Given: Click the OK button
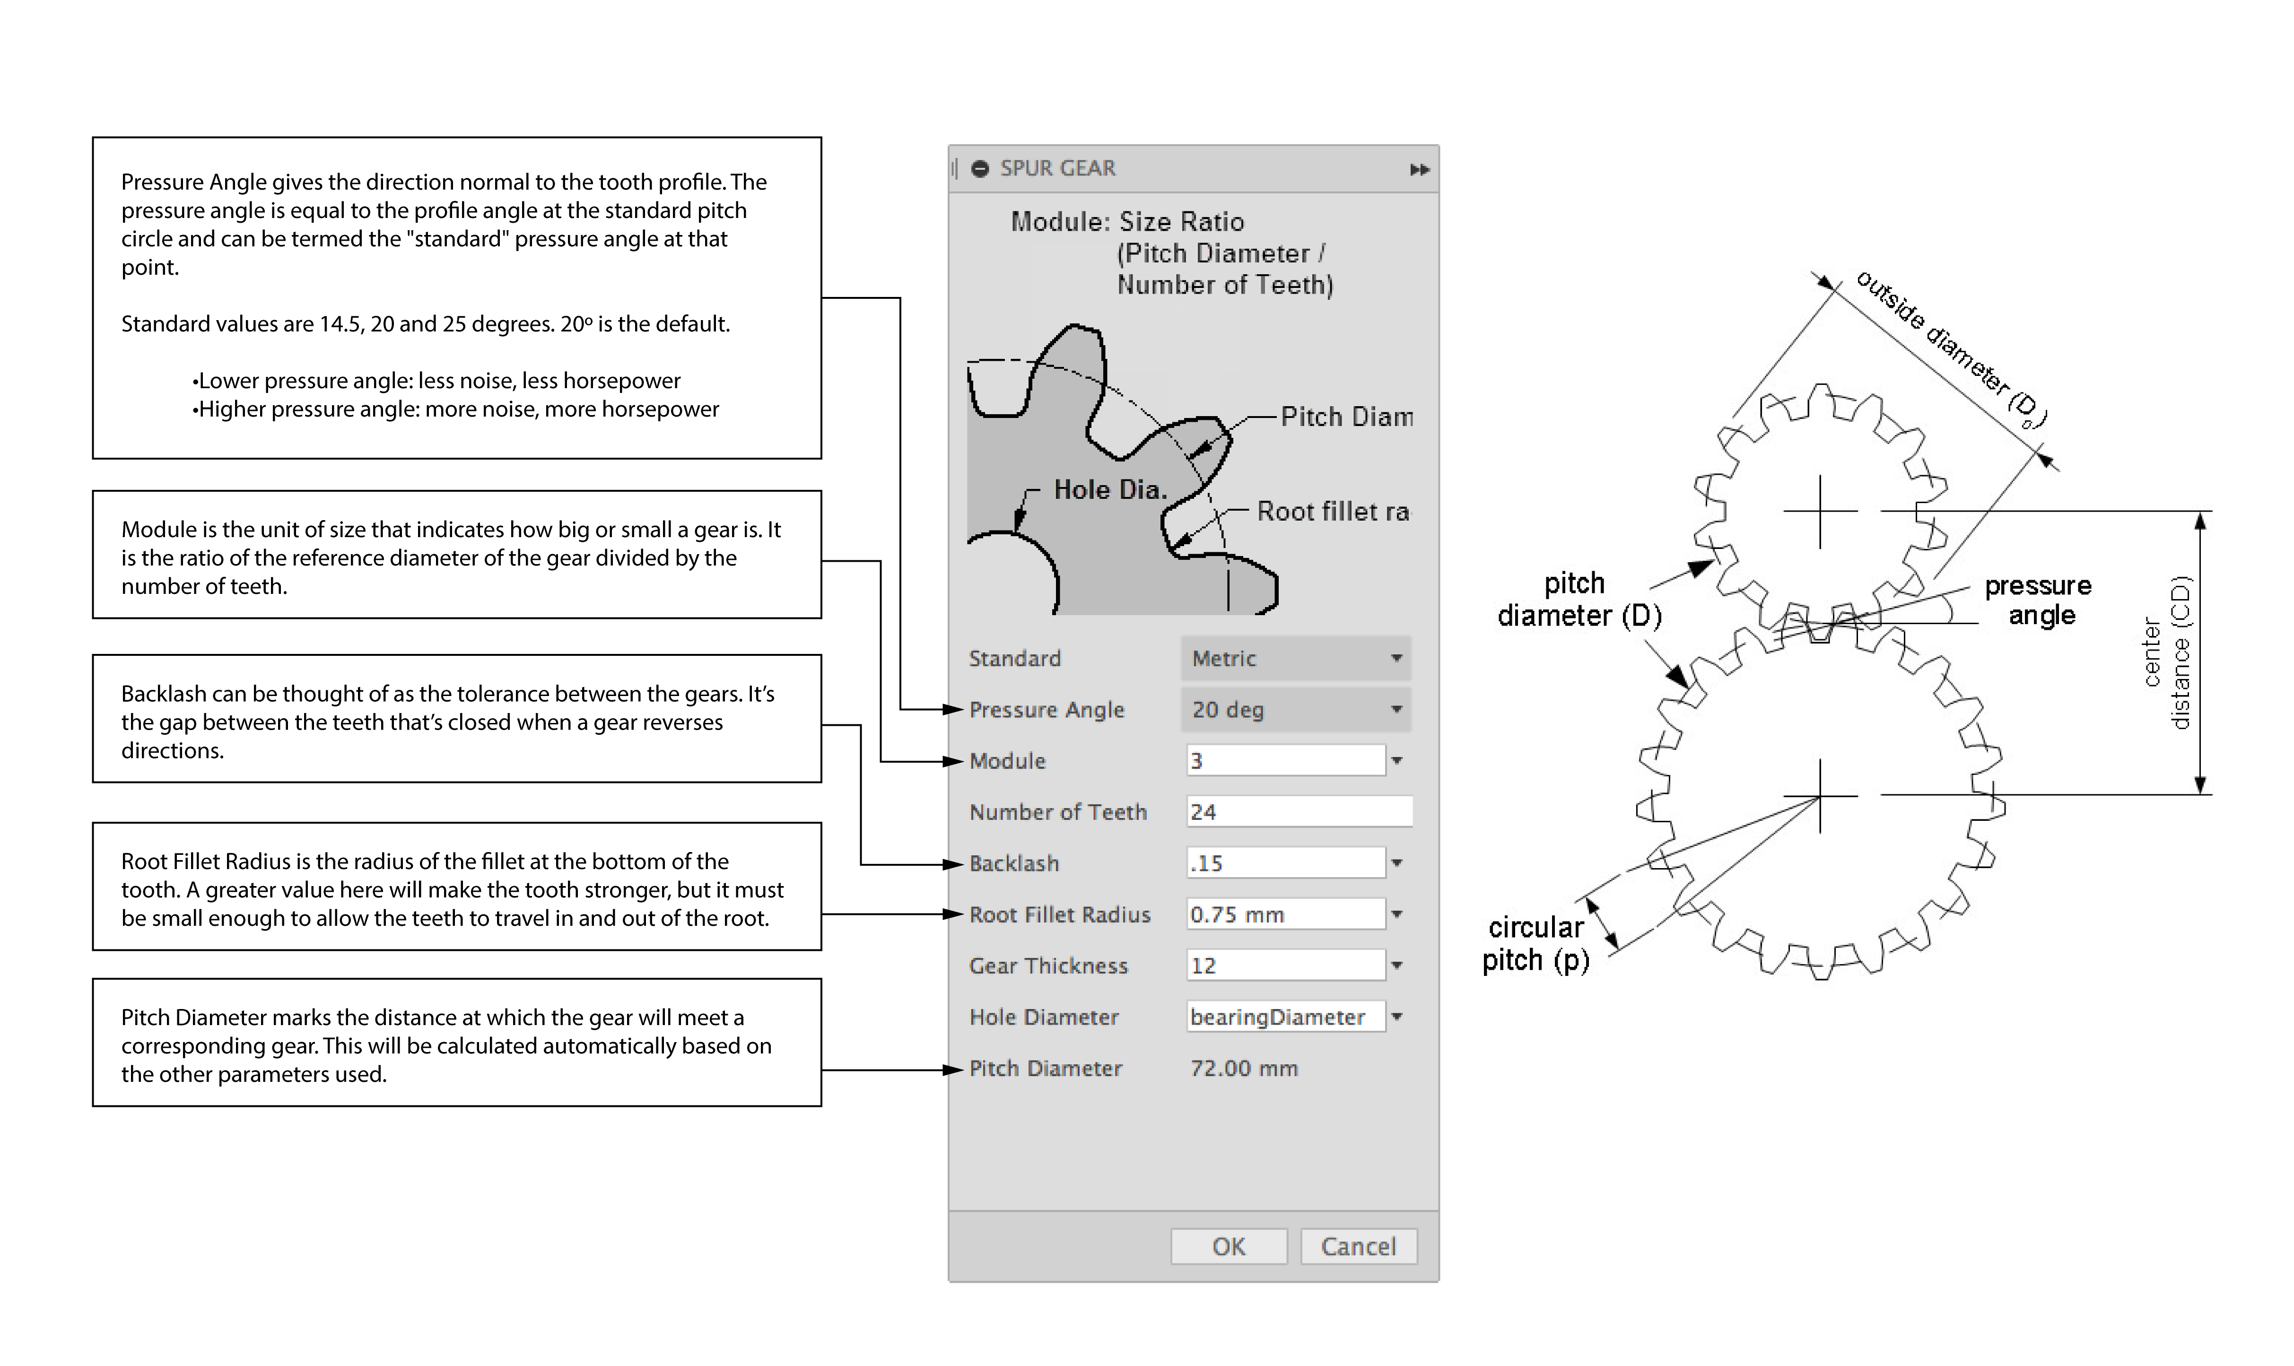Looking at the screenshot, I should click(1228, 1246).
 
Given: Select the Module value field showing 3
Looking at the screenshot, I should click(1285, 760).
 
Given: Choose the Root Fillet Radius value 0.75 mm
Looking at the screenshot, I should click(1285, 914).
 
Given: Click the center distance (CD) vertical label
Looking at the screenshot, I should click(2168, 653).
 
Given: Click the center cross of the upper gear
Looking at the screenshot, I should click(1820, 511).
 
